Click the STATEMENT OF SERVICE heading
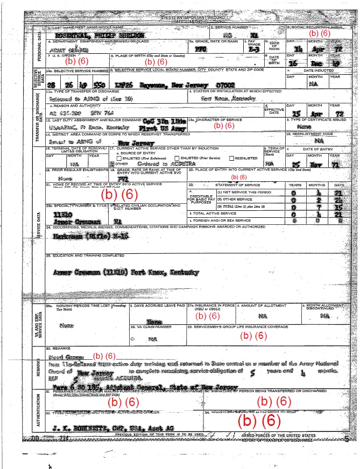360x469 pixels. pyautogui.click(x=245, y=184)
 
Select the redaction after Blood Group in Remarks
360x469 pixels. pyautogui.click(x=104, y=356)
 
